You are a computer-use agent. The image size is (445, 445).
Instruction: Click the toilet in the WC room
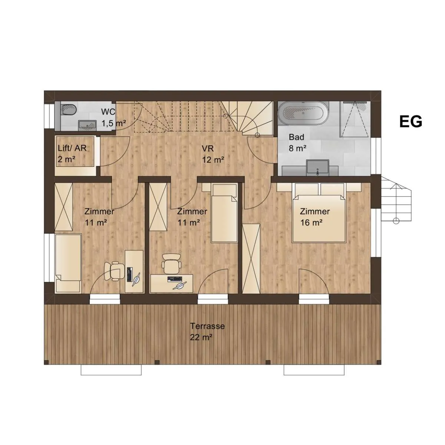[69, 110]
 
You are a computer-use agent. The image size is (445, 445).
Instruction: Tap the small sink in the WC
[87, 125]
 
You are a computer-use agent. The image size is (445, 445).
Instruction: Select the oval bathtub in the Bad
[304, 113]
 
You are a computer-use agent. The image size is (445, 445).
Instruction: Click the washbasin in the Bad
[318, 167]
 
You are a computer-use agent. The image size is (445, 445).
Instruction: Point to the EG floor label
[411, 122]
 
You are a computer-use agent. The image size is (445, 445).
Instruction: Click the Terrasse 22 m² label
[207, 332]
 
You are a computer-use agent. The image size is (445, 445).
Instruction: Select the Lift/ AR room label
[72, 154]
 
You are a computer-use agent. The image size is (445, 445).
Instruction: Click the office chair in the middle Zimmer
[172, 263]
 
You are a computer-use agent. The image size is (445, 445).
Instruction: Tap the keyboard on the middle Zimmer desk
[174, 278]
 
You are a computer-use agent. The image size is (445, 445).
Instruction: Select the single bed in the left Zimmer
[68, 264]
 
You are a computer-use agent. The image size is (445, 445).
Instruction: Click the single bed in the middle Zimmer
[224, 213]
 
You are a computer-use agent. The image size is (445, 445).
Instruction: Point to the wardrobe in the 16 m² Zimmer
[251, 258]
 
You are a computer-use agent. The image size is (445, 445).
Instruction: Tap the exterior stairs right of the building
[396, 200]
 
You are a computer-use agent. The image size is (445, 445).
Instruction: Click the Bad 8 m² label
[297, 143]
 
